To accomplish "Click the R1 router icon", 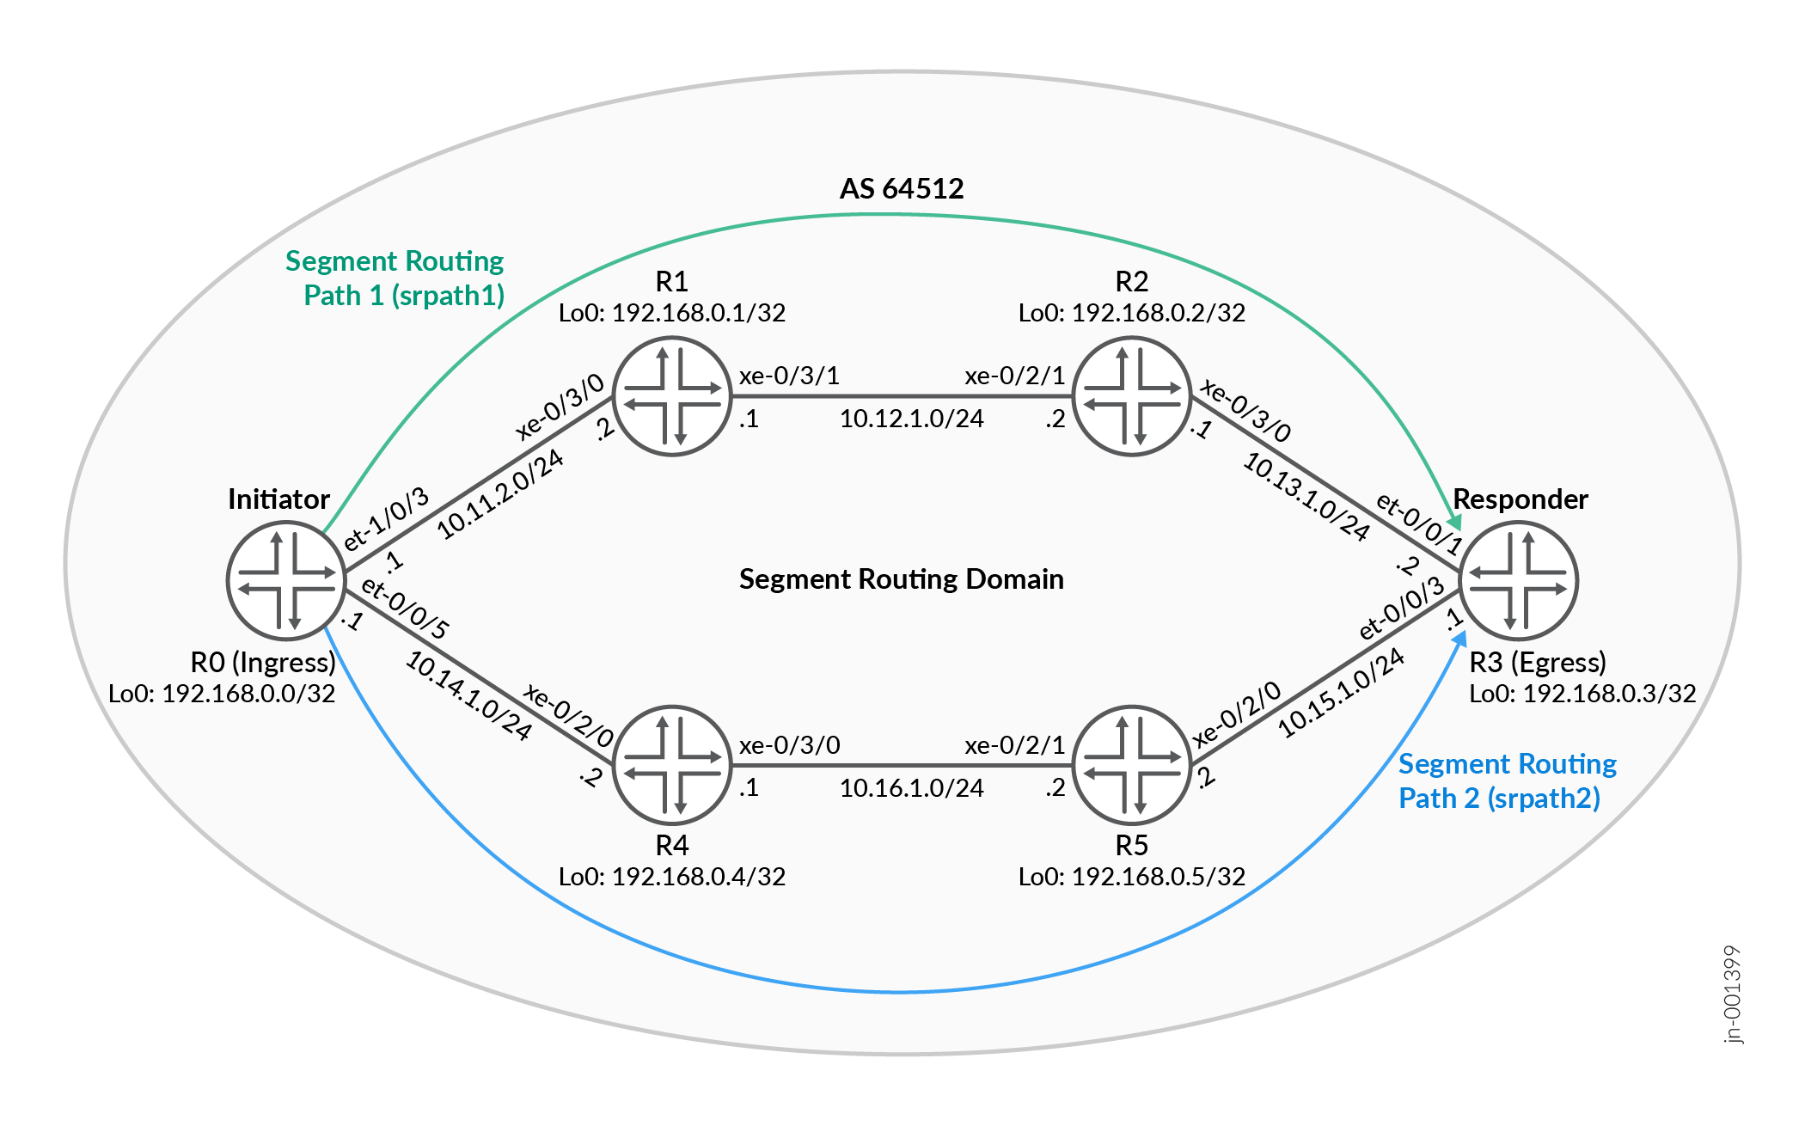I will pos(671,396).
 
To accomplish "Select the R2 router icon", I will pos(1131,396).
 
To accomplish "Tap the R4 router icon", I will pos(671,765).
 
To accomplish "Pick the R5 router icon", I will pos(1131,765).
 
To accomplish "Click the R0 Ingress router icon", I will pos(286,581).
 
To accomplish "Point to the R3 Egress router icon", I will pos(1519,581).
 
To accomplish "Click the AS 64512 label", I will pos(902,188).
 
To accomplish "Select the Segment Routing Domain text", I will pos(902,578).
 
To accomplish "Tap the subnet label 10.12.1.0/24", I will pos(911,419).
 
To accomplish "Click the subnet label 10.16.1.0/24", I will pos(911,787).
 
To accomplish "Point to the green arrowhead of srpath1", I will pos(1454,521).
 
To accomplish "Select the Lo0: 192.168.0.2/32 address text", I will pos(1131,312).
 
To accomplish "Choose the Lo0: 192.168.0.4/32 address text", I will pos(671,876).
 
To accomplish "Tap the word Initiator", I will pos(278,499).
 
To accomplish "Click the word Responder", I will pos(1520,499).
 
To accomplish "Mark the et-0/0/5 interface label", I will pos(405,608).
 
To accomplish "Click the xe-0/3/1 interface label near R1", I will pos(789,375).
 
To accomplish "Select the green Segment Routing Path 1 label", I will pos(395,278).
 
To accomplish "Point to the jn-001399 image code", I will pos(1733,994).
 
